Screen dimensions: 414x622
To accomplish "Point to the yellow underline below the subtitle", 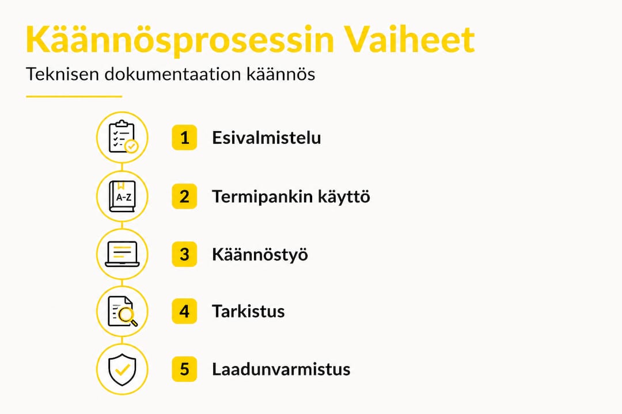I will pyautogui.click(x=74, y=97).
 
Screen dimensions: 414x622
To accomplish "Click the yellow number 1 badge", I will pyautogui.click(x=184, y=138).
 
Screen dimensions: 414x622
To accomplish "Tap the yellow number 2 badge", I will pyautogui.click(x=184, y=197).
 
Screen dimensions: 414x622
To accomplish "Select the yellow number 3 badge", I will pyautogui.click(x=184, y=254).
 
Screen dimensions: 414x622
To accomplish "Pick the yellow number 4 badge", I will pyautogui.click(x=184, y=312).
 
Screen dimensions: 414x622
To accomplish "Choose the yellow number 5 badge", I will pyautogui.click(x=184, y=369).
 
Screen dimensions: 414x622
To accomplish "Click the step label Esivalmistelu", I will pyautogui.click(x=266, y=138).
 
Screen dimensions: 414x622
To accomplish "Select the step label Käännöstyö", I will pyautogui.click(x=260, y=254).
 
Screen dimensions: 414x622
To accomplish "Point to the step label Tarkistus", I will pyautogui.click(x=248, y=312).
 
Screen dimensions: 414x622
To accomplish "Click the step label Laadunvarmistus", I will pyautogui.click(x=281, y=369).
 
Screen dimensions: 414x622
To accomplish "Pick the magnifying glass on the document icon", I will pyautogui.click(x=127, y=316).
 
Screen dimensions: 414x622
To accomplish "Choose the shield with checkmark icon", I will pyautogui.click(x=122, y=369).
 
